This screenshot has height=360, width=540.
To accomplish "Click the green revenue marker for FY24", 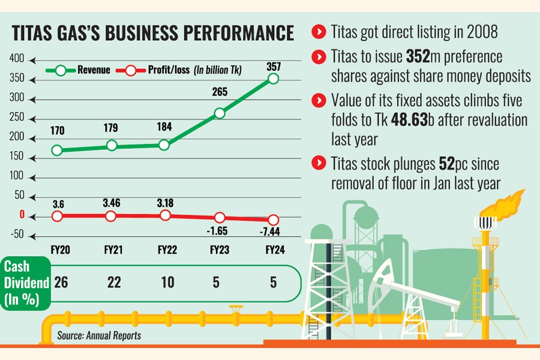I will [274, 79].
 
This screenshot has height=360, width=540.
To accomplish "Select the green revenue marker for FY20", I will [57, 151].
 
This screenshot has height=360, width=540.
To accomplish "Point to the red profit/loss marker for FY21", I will [111, 216].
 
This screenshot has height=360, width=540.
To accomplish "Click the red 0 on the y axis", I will [21, 215].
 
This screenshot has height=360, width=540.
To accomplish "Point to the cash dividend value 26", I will [61, 281].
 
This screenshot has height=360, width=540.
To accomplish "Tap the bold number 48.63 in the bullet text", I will [412, 120].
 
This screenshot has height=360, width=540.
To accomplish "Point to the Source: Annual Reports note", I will [99, 335].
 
